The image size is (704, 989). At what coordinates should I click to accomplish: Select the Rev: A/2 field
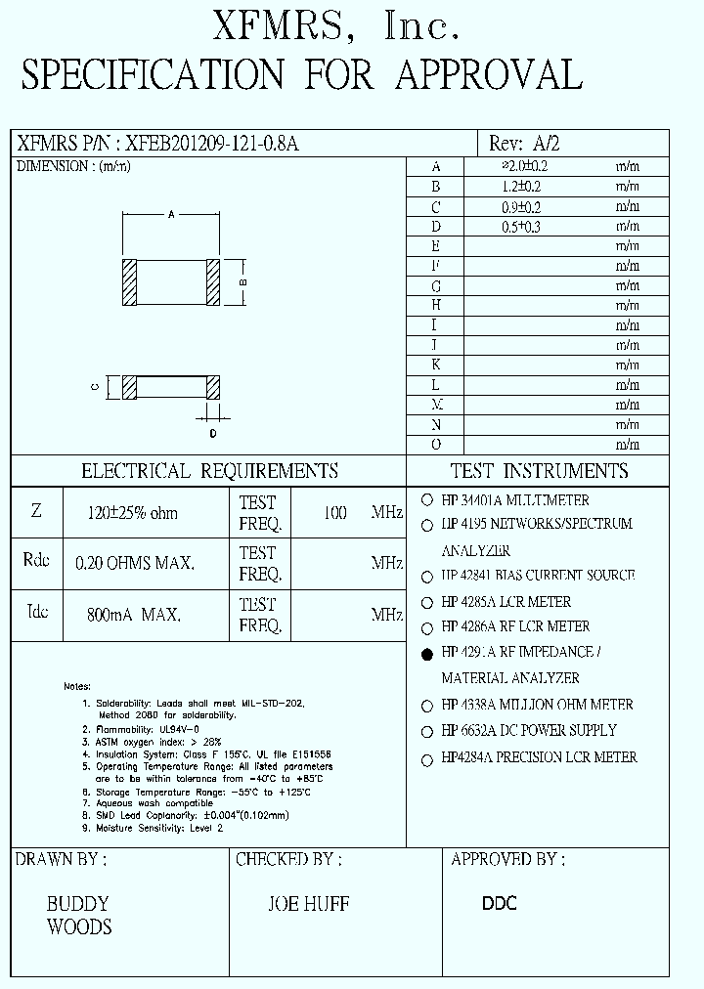click(524, 144)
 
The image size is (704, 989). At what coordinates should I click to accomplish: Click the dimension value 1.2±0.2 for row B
click(521, 187)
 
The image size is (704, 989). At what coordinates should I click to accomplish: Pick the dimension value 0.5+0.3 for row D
click(521, 227)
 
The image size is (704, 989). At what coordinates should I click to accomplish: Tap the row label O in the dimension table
click(436, 445)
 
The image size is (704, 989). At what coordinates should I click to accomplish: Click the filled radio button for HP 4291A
click(427, 655)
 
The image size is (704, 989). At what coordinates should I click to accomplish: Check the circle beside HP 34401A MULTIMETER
click(427, 499)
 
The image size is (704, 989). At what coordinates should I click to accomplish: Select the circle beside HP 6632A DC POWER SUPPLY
click(427, 732)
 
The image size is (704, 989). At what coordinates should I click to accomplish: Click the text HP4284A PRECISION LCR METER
click(539, 757)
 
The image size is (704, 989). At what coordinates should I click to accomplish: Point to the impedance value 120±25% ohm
click(133, 513)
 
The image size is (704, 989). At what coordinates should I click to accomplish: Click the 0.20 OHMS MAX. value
click(135, 564)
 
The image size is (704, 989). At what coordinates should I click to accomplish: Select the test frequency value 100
click(334, 513)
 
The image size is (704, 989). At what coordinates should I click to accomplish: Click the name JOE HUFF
click(308, 905)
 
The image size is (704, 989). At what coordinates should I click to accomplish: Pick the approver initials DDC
click(499, 904)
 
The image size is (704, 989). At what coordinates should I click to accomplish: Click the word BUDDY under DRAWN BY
click(77, 904)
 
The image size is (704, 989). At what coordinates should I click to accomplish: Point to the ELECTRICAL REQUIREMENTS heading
click(209, 471)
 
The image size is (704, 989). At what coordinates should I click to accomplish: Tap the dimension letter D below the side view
click(212, 433)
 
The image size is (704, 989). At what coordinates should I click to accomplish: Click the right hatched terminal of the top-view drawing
click(214, 282)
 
